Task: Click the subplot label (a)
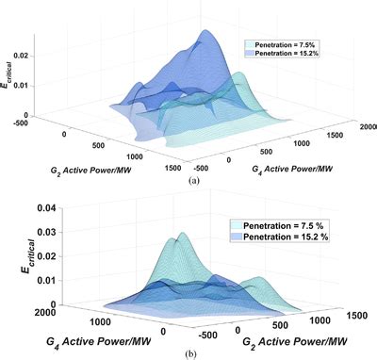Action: click(193, 177)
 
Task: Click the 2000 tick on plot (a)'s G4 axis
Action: click(359, 125)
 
